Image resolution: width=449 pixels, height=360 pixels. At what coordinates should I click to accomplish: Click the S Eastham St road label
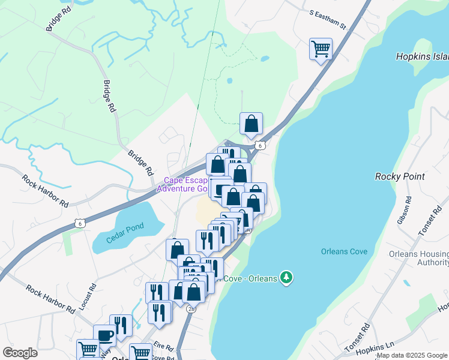click(x=328, y=19)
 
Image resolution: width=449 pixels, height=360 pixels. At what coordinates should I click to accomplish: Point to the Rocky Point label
click(x=400, y=176)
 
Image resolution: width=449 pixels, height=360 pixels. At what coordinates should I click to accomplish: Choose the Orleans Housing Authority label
click(x=418, y=258)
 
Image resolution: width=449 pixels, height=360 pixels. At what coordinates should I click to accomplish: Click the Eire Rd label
click(x=163, y=347)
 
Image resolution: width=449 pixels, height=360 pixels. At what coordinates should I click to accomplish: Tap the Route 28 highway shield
click(x=191, y=308)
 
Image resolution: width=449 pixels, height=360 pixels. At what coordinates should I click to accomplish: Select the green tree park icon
click(x=288, y=278)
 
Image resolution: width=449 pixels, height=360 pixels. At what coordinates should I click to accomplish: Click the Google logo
click(x=20, y=353)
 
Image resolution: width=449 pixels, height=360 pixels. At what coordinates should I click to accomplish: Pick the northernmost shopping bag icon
click(x=251, y=123)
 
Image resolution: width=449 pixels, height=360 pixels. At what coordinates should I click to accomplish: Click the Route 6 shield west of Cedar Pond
click(x=80, y=223)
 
